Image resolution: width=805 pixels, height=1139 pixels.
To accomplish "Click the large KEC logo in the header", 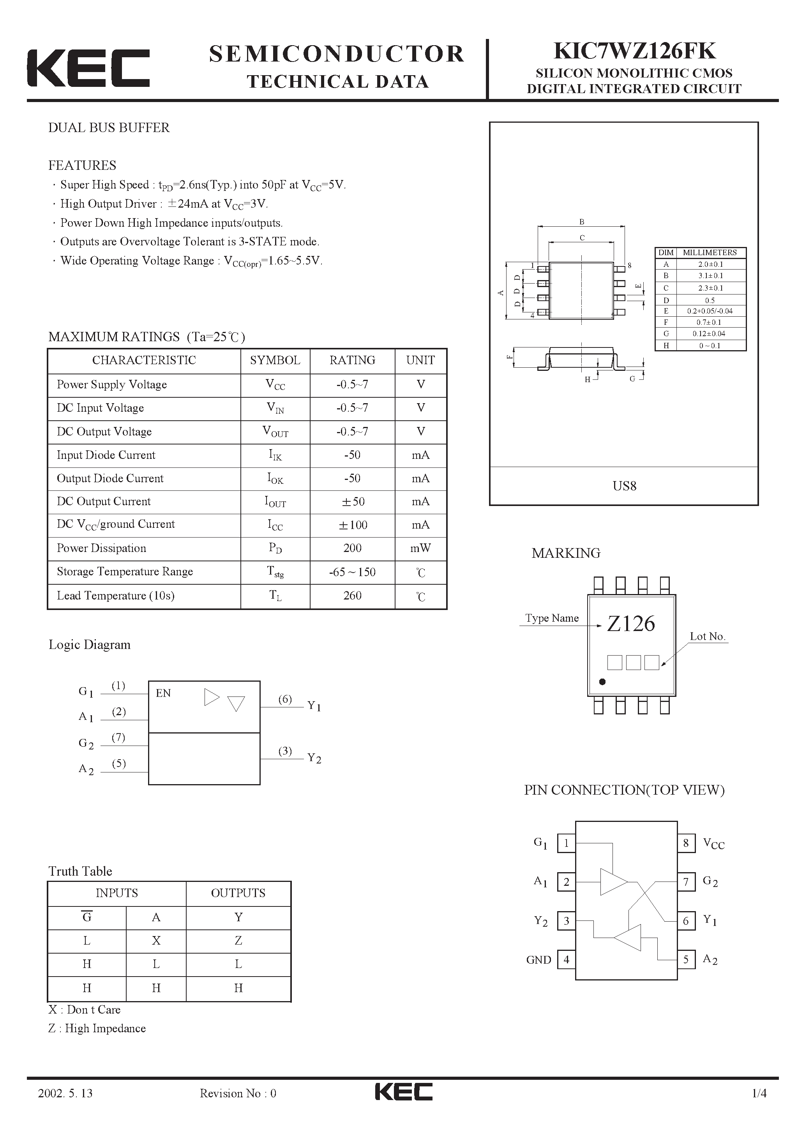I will coord(88,68).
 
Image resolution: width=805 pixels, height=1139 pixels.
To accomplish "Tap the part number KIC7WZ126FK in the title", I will coord(634,51).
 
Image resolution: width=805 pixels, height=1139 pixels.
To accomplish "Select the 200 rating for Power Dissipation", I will coord(352,548).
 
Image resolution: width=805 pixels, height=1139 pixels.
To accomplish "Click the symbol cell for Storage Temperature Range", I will coord(275,572).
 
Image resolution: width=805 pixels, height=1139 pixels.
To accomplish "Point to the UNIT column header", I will coord(420,360).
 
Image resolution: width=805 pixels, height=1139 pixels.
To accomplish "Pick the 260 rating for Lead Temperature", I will coord(352,595).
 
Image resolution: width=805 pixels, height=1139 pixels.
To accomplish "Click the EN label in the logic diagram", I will coord(163,693).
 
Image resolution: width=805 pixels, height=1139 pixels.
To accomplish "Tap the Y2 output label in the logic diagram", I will coord(314,758).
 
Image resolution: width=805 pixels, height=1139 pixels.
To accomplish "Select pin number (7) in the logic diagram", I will coord(118,737).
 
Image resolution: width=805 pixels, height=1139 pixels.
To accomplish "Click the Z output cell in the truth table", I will coord(238,941).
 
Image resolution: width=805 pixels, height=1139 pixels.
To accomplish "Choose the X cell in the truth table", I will coord(156,941).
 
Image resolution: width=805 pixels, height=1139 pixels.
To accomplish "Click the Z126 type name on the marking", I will coord(631,624).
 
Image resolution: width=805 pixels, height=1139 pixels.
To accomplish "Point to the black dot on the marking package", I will coord(602,682).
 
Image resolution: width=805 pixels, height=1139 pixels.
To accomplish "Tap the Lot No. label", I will coord(707,636).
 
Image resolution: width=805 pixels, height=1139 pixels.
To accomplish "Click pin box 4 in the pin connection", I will coord(566,960).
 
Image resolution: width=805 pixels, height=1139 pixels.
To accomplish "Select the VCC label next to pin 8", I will coord(714,843).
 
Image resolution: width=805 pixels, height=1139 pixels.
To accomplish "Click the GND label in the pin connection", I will coord(538,960).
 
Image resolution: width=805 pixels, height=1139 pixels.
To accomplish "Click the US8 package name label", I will coord(624,486).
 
